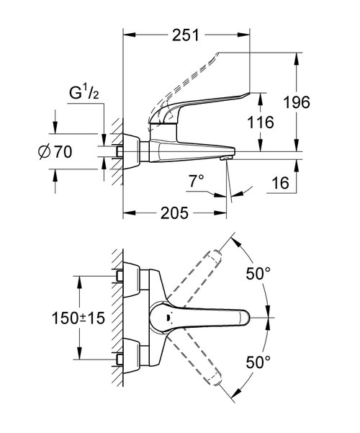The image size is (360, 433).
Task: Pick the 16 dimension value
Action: click(282, 184)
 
